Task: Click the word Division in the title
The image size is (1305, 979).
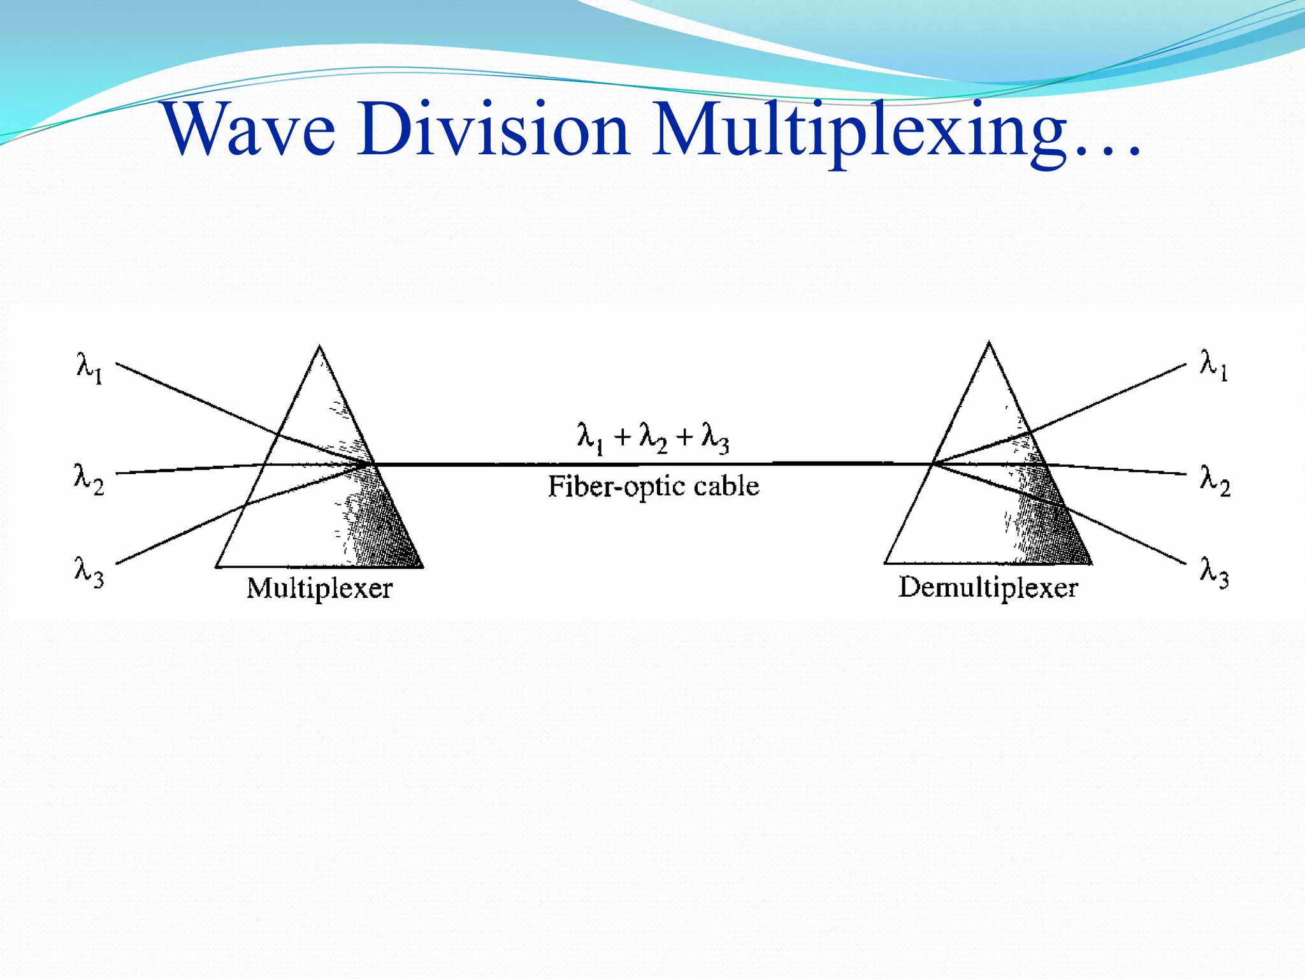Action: [x=493, y=129]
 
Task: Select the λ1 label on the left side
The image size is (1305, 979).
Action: [x=89, y=368]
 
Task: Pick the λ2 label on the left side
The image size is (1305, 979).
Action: [x=89, y=479]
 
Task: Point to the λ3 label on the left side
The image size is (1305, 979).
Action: [x=89, y=571]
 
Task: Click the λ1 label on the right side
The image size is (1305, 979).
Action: [x=1214, y=365]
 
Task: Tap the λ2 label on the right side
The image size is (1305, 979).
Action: [x=1215, y=479]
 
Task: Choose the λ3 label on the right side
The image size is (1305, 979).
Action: [x=1214, y=571]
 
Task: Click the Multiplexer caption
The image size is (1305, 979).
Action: [x=319, y=588]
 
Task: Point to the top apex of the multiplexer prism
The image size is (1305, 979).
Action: [x=320, y=347]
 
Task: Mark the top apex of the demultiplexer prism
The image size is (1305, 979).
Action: [x=989, y=344]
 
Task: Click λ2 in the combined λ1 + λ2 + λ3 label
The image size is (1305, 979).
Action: [x=653, y=438]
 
